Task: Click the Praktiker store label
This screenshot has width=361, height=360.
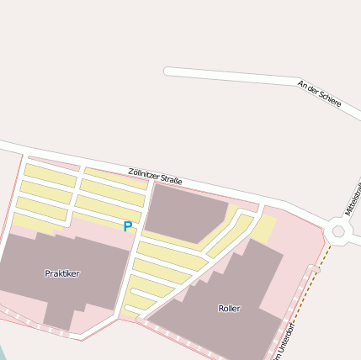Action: click(x=62, y=273)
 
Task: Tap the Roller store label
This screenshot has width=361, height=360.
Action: click(x=229, y=309)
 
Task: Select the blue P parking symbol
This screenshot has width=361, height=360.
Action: click(x=128, y=226)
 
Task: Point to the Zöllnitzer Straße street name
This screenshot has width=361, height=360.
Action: click(x=156, y=176)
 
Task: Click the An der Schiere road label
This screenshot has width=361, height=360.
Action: click(x=320, y=93)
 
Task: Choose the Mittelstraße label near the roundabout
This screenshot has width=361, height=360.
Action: click(x=353, y=199)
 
